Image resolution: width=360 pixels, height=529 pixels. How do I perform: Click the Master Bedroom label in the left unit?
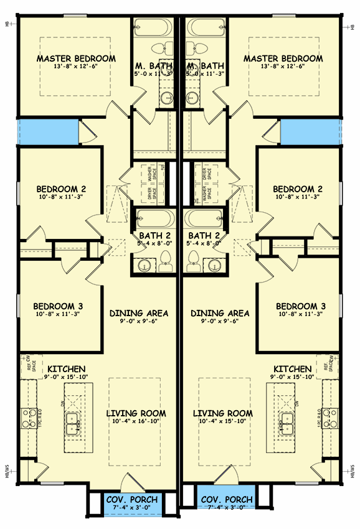[x=76, y=59]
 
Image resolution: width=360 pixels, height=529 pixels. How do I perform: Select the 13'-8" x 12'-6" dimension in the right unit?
[x=283, y=67]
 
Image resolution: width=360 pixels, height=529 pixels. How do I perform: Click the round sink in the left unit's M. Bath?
[x=166, y=98]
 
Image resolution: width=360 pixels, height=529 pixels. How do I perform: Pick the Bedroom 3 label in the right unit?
[x=301, y=306]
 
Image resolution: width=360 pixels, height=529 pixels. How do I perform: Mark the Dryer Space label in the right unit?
[x=206, y=175]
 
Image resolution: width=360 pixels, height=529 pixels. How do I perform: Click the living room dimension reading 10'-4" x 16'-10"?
[x=136, y=422]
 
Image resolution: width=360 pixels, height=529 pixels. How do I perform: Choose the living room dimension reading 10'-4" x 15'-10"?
[x=223, y=422]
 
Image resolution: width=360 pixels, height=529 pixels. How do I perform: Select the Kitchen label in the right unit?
[x=292, y=369]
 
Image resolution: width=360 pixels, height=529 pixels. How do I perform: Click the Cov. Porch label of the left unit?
[x=131, y=500]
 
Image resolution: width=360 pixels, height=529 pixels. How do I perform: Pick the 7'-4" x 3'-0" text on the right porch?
[x=225, y=508]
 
